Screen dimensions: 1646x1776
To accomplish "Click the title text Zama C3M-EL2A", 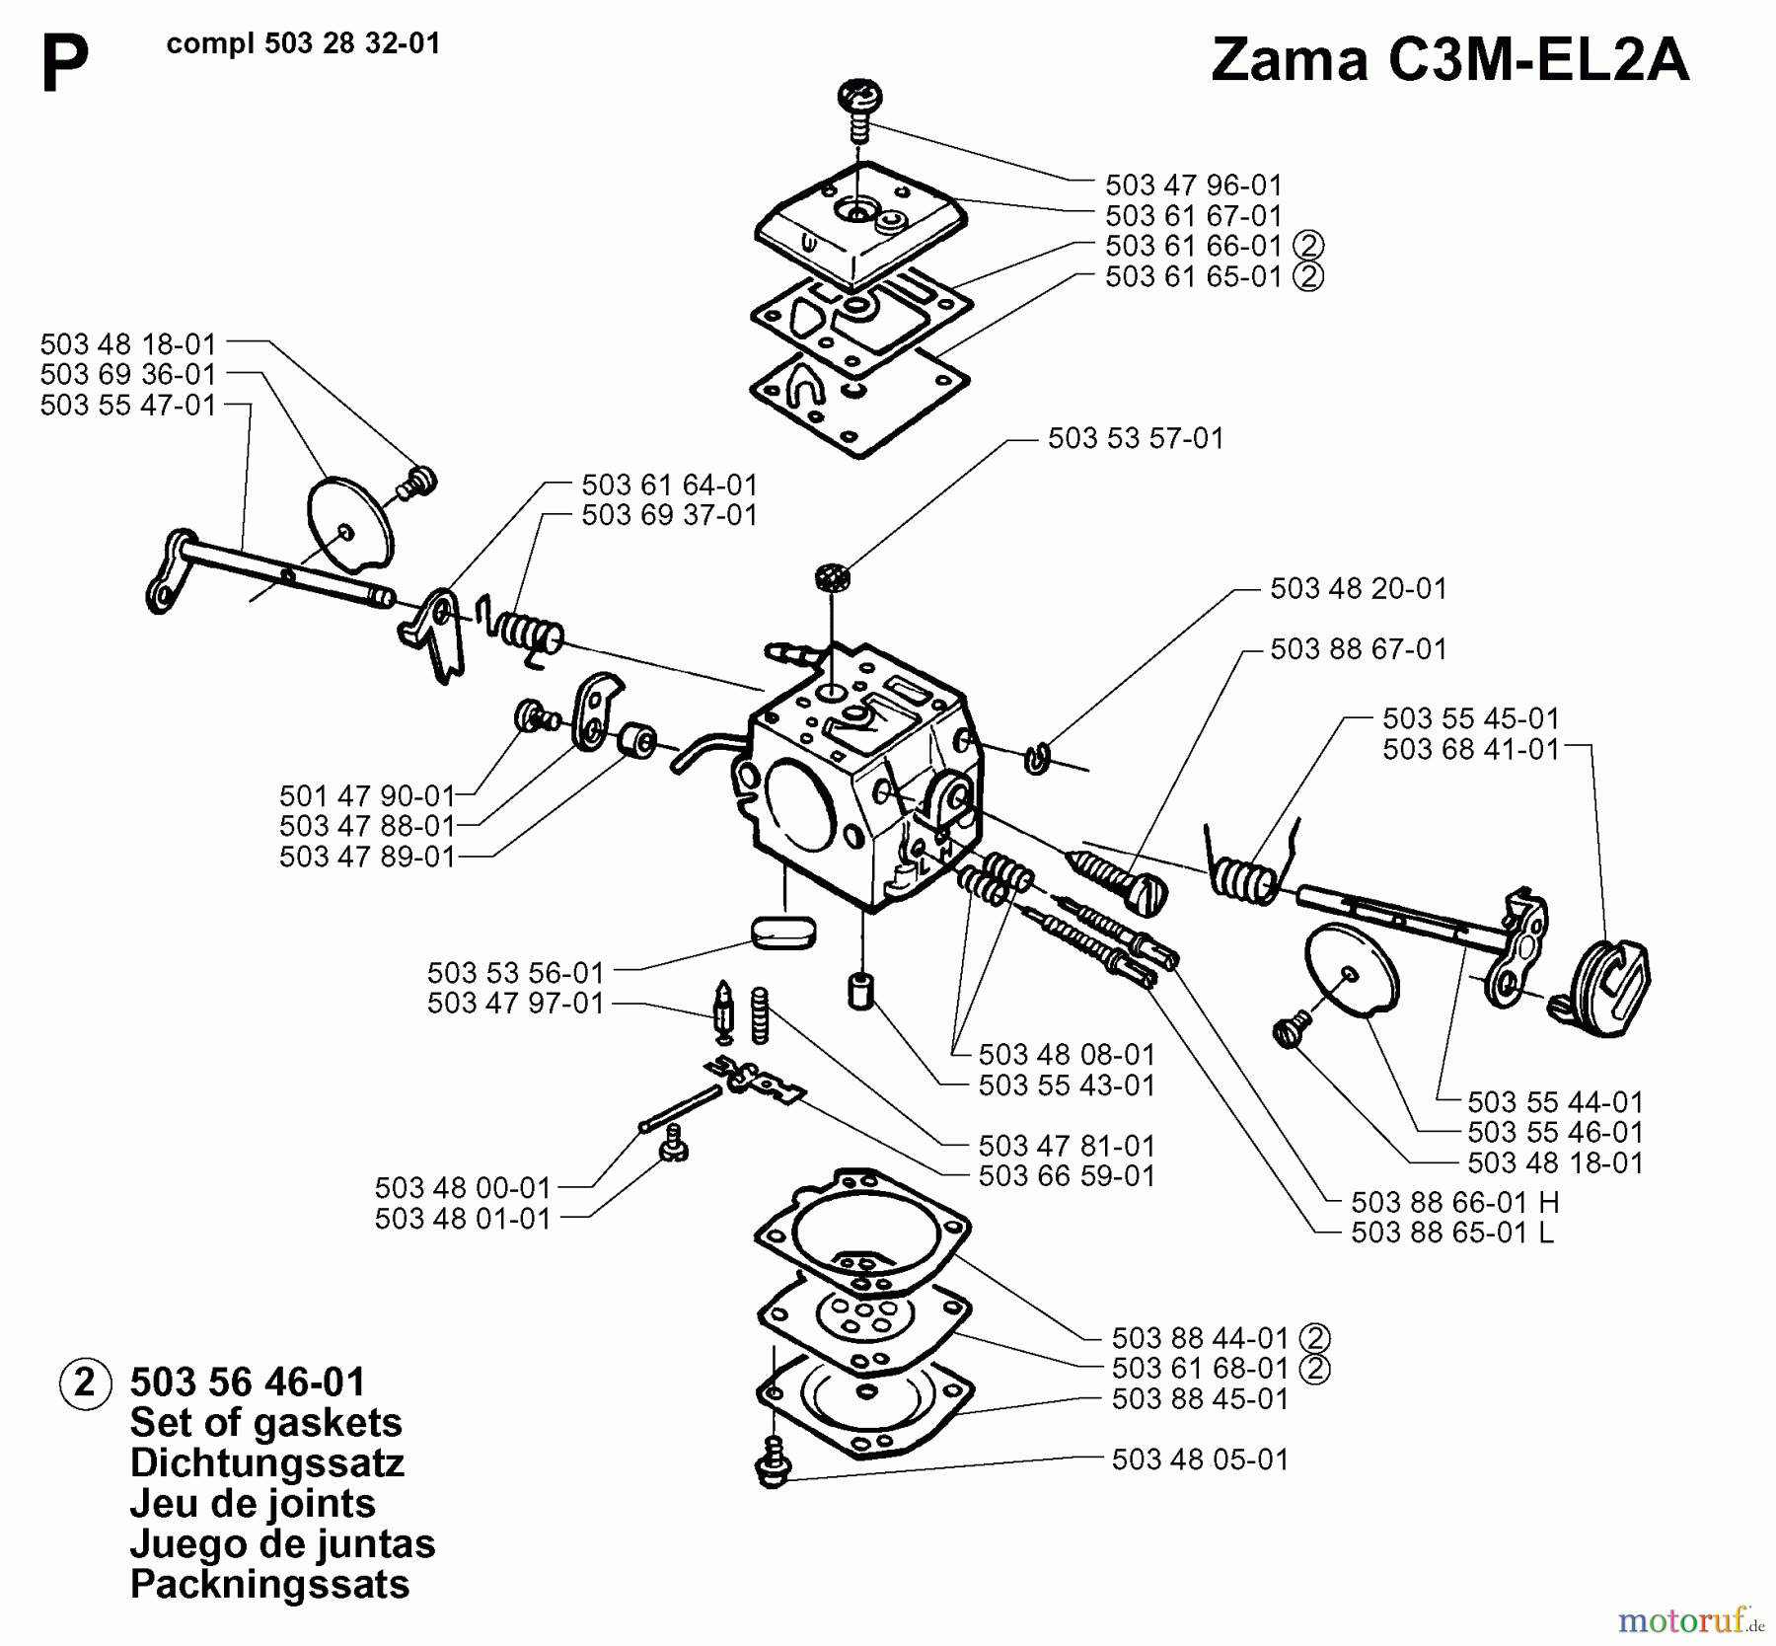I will (x=1449, y=61).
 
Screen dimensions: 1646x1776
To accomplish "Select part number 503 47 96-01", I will (x=1193, y=185).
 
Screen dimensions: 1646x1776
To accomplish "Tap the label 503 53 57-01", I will (x=1135, y=438).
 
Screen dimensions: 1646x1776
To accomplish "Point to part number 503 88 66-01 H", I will (x=1454, y=1202).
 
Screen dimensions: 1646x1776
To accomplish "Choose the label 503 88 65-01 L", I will (x=1451, y=1233).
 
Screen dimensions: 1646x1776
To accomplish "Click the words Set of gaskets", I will (x=265, y=1423).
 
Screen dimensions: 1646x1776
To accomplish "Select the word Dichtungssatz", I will (x=266, y=1463).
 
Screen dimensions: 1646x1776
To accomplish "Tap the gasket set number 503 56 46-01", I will (x=248, y=1382).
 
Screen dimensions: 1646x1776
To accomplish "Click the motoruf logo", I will (x=1688, y=1619).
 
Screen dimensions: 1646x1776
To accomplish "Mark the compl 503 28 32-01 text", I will (x=303, y=44).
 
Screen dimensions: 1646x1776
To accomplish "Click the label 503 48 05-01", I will (x=1199, y=1459).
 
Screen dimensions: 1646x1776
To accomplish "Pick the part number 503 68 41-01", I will (x=1470, y=749).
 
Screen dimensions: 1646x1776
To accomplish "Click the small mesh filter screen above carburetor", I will (x=833, y=577).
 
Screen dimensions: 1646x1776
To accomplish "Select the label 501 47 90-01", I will (x=366, y=795).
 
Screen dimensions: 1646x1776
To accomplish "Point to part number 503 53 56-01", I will (x=514, y=973).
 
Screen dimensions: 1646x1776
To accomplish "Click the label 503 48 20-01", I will (x=1358, y=588).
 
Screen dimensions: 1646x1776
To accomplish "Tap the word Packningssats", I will (x=269, y=1584).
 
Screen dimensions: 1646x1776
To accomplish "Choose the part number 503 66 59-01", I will (x=1066, y=1175).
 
